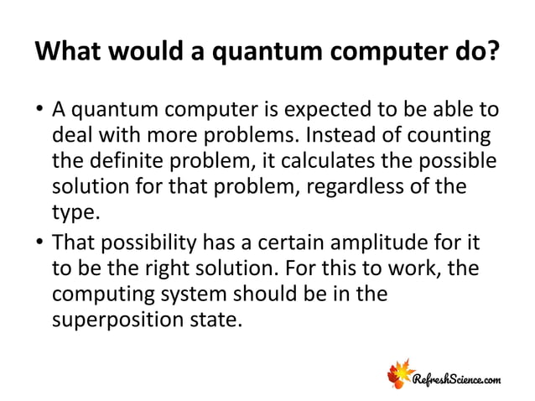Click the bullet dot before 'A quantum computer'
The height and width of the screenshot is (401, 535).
coord(39,112)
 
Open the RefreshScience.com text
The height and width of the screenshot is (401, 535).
coord(459,381)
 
